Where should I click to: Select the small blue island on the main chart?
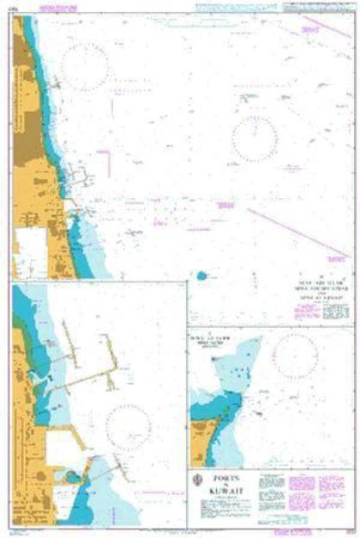[202, 276]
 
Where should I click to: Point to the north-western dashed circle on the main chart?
[85, 66]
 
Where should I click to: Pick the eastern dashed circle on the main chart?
[255, 138]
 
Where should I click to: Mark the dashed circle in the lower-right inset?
[295, 356]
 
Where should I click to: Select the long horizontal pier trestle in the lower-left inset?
[81, 366]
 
